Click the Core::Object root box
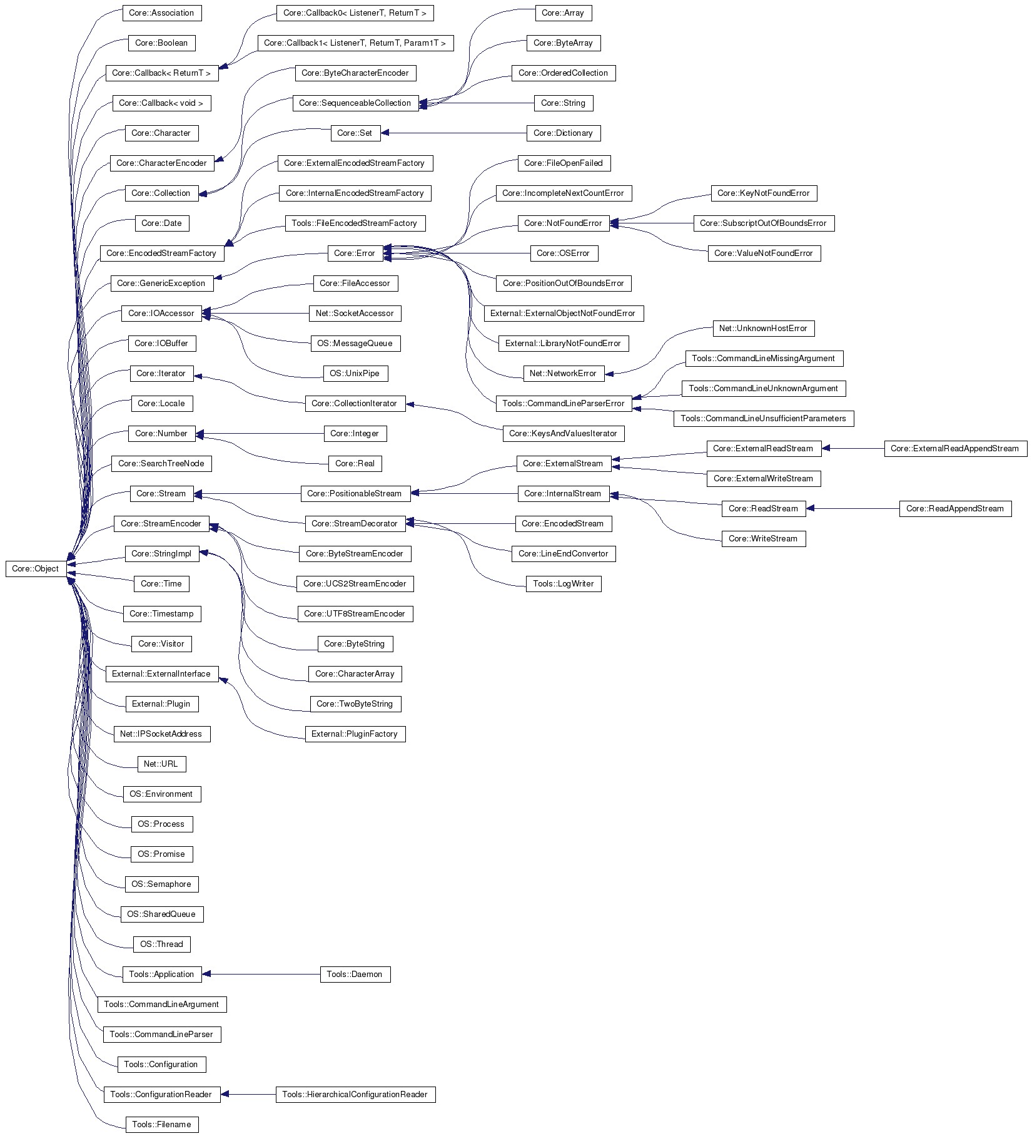[36, 569]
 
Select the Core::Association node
[162, 13]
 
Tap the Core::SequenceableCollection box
[355, 103]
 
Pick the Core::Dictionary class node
[564, 133]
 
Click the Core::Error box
[355, 253]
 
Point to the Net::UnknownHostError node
[764, 329]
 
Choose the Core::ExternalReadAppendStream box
[955, 449]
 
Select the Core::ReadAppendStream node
[955, 509]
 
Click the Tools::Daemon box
[355, 975]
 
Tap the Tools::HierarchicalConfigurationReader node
[355, 1095]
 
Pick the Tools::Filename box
[162, 1125]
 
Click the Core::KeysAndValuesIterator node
[564, 434]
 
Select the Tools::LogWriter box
[564, 584]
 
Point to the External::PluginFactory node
[355, 734]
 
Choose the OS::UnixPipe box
[355, 374]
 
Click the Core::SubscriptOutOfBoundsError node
[764, 223]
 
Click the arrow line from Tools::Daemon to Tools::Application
[261, 975]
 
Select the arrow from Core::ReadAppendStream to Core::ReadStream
[852, 509]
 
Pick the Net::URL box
[161, 764]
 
